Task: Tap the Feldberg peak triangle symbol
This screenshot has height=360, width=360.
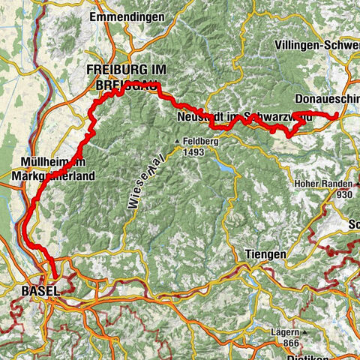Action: pos(178,141)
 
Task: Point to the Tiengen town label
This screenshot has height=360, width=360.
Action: pos(265,255)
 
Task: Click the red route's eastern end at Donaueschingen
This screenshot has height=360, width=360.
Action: pos(338,116)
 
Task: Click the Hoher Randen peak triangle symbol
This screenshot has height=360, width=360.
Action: pos(294,183)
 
